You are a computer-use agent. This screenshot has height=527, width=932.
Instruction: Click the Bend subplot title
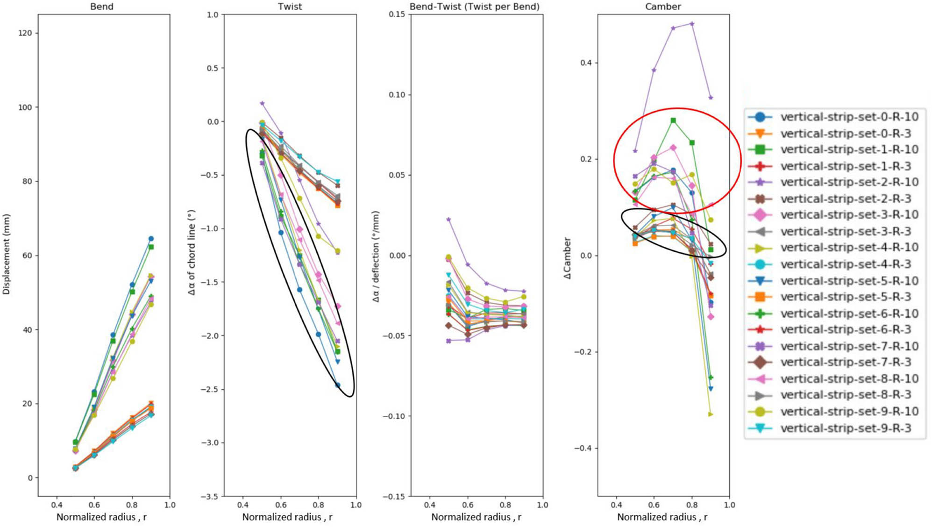pyautogui.click(x=101, y=7)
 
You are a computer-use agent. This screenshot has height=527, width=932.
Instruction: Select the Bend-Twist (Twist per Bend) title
pyautogui.click(x=474, y=7)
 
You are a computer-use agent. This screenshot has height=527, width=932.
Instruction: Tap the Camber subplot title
pyautogui.click(x=663, y=7)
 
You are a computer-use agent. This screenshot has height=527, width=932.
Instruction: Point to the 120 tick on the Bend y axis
pyautogui.click(x=25, y=33)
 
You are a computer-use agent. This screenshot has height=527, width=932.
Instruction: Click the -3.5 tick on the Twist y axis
pyautogui.click(x=209, y=496)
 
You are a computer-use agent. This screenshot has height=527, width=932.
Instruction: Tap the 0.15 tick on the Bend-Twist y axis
pyautogui.click(x=397, y=14)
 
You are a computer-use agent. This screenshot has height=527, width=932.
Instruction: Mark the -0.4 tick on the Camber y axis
pyautogui.click(x=583, y=448)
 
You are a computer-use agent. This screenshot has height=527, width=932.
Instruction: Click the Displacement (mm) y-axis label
pyautogui.click(x=6, y=255)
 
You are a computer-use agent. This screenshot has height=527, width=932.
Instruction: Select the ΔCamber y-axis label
pyautogui.click(x=567, y=258)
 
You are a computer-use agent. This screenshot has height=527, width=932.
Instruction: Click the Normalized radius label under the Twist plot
pyautogui.click(x=287, y=517)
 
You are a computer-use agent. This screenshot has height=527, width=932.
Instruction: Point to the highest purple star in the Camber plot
pyautogui.click(x=692, y=23)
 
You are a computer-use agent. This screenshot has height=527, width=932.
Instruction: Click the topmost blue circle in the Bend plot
pyautogui.click(x=151, y=239)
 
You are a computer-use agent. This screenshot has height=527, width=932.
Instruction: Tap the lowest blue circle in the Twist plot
pyautogui.click(x=338, y=385)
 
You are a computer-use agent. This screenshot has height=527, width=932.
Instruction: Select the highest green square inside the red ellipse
pyautogui.click(x=673, y=121)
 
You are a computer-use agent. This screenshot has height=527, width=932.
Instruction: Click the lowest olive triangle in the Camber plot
pyautogui.click(x=711, y=414)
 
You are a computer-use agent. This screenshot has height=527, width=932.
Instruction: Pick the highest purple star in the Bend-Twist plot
pyautogui.click(x=448, y=219)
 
